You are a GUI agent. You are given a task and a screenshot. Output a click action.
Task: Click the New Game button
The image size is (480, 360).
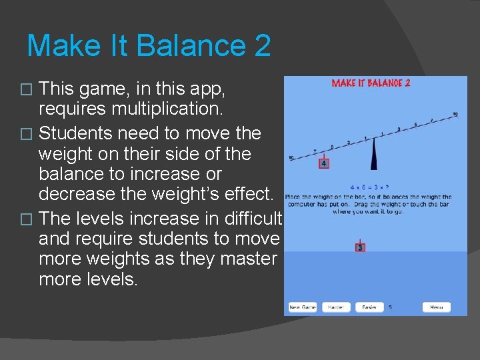302,307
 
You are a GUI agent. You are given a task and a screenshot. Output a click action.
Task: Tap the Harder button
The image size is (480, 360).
336,307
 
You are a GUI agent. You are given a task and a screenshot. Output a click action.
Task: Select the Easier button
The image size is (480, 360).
369,307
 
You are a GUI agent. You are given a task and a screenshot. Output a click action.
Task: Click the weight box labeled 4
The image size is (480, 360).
323,163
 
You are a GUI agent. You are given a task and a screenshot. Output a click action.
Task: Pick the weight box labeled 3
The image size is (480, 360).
360,247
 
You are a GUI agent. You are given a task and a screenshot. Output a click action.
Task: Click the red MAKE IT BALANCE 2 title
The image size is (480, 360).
371,83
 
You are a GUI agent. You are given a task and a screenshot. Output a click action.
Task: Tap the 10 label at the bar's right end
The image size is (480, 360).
455,115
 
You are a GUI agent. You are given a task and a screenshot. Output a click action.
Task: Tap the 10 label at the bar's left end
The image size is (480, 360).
291,159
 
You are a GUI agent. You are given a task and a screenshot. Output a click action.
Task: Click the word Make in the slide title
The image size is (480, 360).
57,46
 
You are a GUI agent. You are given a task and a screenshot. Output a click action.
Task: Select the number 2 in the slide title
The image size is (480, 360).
261,46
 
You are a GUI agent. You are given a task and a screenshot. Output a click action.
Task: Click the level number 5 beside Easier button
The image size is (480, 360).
390,307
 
